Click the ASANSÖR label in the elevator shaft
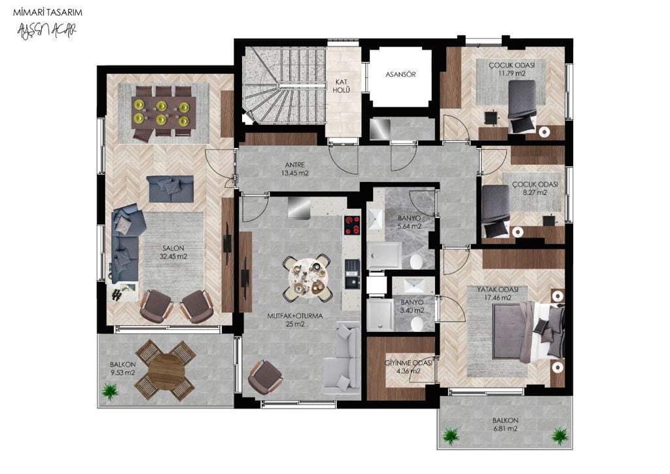point(400,75)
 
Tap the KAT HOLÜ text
point(342,86)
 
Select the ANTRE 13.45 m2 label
point(295,169)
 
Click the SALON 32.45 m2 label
point(173,252)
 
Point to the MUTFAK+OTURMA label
point(295,316)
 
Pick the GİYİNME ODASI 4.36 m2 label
point(408,367)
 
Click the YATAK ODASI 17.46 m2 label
point(498,294)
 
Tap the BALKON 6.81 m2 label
point(505,424)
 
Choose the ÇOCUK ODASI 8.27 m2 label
point(535,189)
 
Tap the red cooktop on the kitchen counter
point(352,225)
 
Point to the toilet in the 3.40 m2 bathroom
point(417,323)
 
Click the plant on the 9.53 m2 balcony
point(110,391)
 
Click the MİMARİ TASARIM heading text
point(47,12)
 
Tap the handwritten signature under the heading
point(46,31)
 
